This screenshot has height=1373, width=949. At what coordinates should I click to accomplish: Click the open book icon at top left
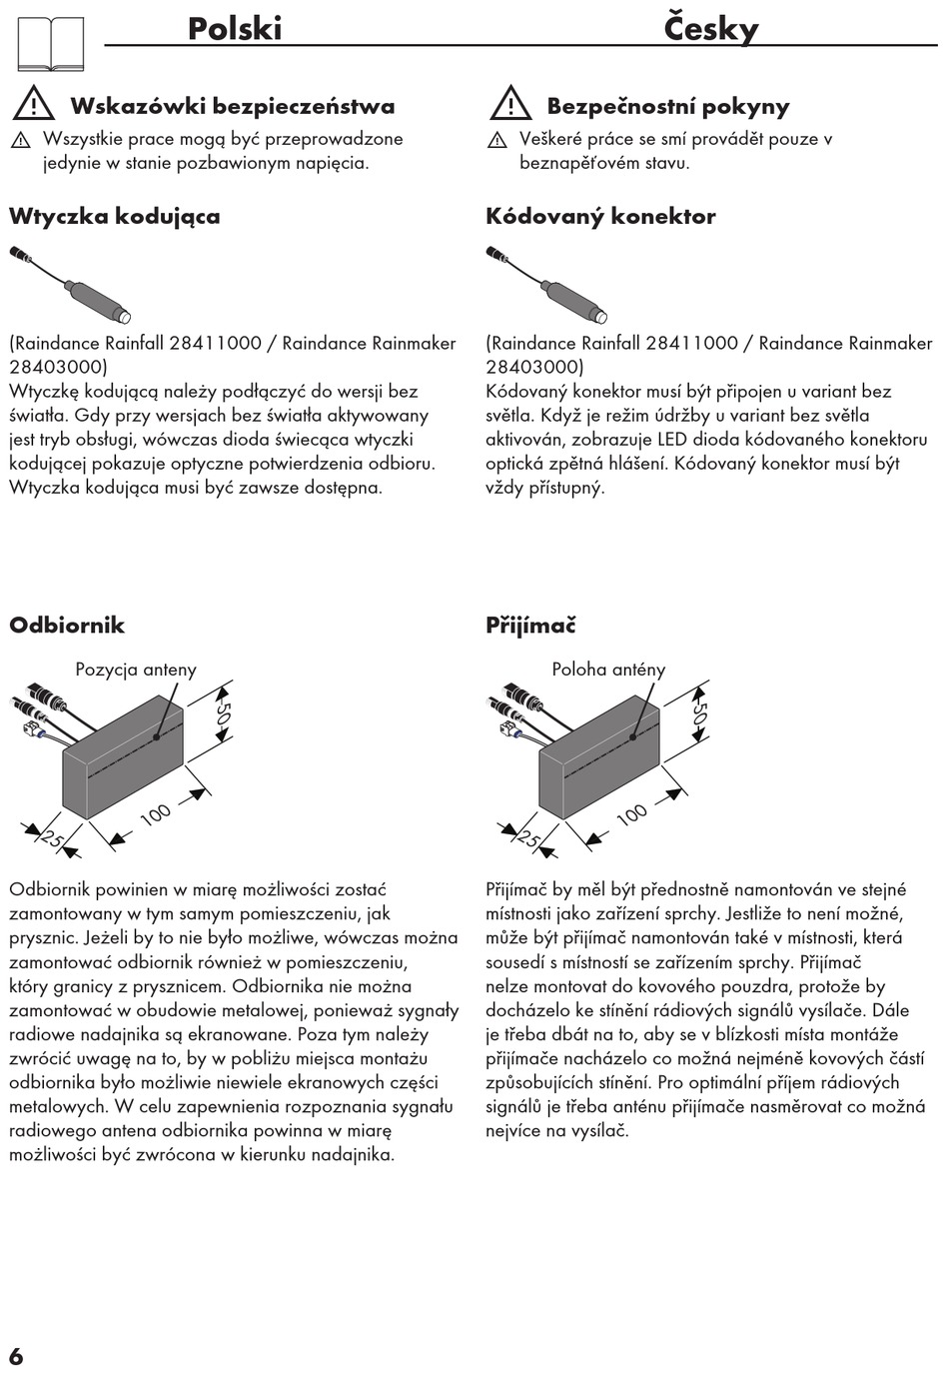click(x=51, y=44)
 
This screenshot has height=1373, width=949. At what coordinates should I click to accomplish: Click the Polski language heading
click(x=235, y=28)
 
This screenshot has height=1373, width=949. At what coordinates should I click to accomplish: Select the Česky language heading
click(x=710, y=28)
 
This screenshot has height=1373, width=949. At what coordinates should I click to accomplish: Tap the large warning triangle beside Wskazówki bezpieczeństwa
click(x=34, y=103)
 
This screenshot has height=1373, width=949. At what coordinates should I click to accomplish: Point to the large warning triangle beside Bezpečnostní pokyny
click(x=510, y=103)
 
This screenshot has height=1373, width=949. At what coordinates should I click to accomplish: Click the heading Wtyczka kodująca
click(x=115, y=216)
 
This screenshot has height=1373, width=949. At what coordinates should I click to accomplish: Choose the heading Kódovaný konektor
click(x=600, y=216)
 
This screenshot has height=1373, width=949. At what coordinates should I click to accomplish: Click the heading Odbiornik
click(x=67, y=626)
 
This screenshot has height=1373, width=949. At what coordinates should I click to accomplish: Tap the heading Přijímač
click(x=530, y=626)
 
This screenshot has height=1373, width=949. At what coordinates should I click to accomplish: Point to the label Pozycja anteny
click(x=136, y=670)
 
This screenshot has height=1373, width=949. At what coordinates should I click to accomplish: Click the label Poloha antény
click(x=608, y=670)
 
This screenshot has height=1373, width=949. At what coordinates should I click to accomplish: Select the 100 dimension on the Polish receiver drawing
click(x=155, y=814)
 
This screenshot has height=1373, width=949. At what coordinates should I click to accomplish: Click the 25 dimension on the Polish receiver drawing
click(x=51, y=838)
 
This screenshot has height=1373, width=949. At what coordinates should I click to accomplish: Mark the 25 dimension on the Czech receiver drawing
click(x=527, y=838)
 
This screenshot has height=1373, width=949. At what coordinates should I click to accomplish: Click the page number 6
click(x=16, y=1356)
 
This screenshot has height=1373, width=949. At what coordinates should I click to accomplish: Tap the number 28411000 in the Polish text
click(x=215, y=343)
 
